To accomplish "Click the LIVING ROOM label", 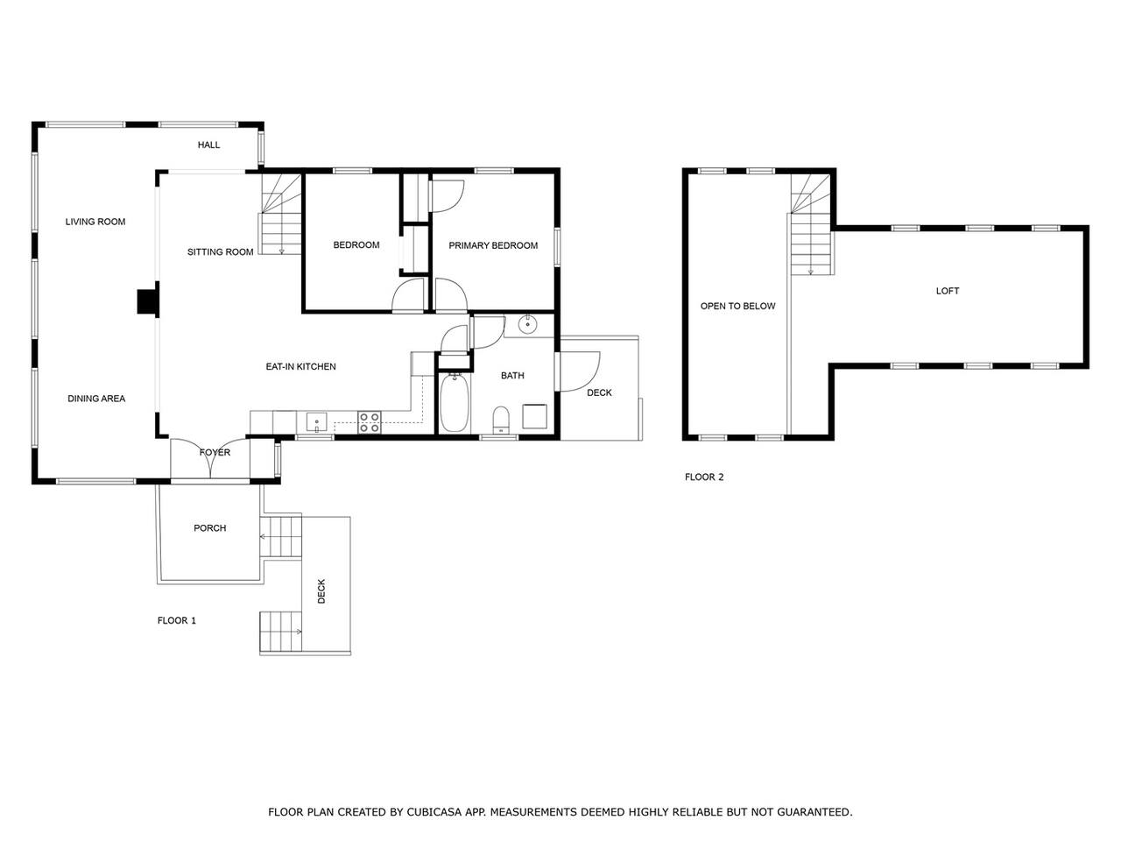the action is [x=95, y=222].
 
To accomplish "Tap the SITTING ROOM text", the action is [x=220, y=251].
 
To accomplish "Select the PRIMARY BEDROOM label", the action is [x=493, y=245].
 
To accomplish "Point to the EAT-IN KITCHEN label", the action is [x=300, y=367].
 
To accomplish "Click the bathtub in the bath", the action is [x=454, y=403].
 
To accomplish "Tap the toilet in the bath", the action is [x=502, y=420].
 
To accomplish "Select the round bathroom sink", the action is [x=527, y=324].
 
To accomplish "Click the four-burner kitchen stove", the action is [x=370, y=422].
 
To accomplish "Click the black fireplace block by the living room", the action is [x=148, y=301].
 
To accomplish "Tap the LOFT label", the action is [x=948, y=291].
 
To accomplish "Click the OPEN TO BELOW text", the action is [x=737, y=306].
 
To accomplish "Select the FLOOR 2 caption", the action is [x=704, y=477].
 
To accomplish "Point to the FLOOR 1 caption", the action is [x=176, y=620].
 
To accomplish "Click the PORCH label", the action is [x=209, y=528].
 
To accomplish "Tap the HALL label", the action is [x=208, y=145].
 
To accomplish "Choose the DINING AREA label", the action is [x=96, y=399].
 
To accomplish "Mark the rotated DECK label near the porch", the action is [x=321, y=591].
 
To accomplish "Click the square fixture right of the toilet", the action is [x=535, y=416].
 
